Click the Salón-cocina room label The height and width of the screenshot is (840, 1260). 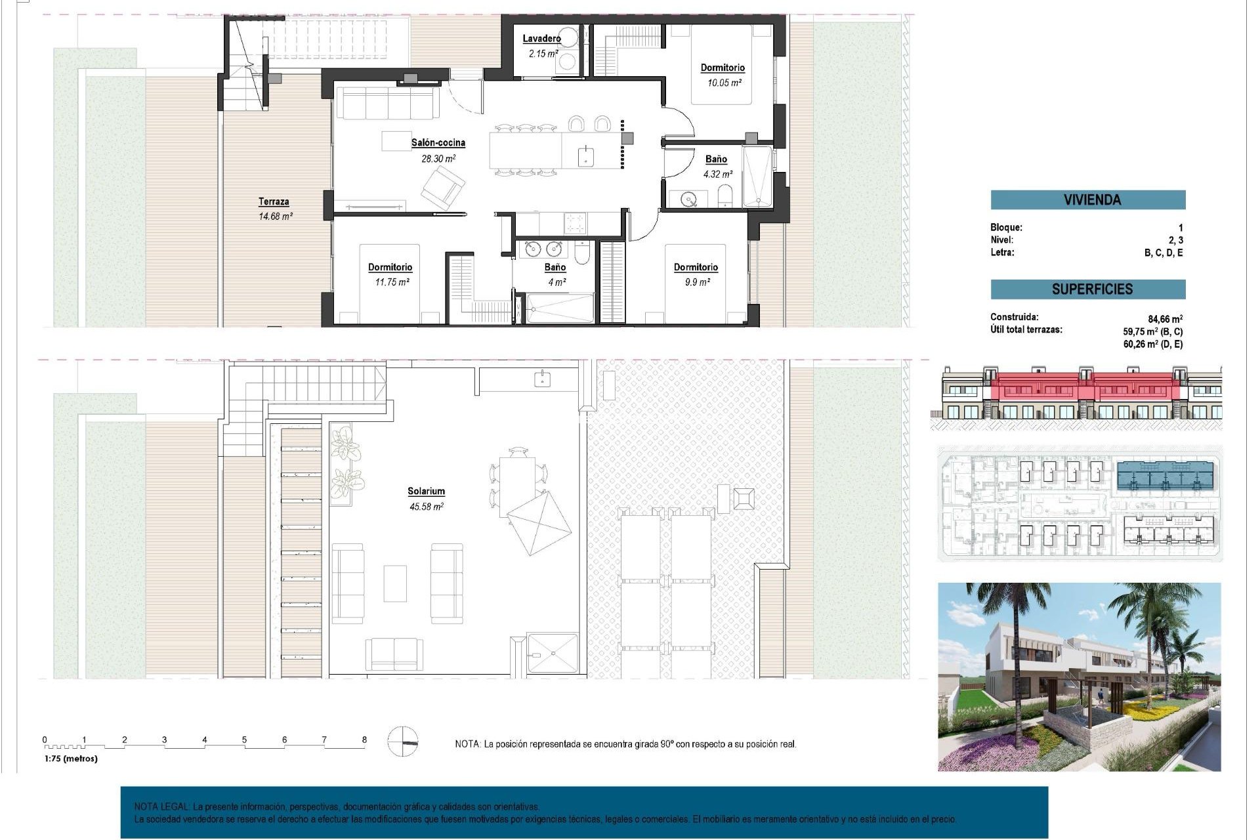[x=438, y=142]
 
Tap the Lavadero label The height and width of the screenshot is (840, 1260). [x=541, y=39]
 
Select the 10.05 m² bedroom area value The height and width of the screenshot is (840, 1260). [x=724, y=83]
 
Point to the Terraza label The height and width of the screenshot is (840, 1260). [x=274, y=201]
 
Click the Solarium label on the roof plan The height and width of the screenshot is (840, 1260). [x=426, y=491]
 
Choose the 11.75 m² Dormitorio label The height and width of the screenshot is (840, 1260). [x=390, y=267]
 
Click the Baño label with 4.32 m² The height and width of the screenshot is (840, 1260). [x=716, y=159]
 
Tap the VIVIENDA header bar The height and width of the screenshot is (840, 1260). [x=1087, y=199]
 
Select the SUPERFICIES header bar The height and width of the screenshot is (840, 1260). [x=1087, y=289]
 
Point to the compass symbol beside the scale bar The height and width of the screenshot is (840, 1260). [x=402, y=742]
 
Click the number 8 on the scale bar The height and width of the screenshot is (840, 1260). [x=364, y=740]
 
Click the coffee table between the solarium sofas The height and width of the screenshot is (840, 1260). [x=395, y=583]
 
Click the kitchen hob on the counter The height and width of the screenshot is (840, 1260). [x=576, y=223]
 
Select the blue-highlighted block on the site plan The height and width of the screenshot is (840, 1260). [x=1165, y=475]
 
